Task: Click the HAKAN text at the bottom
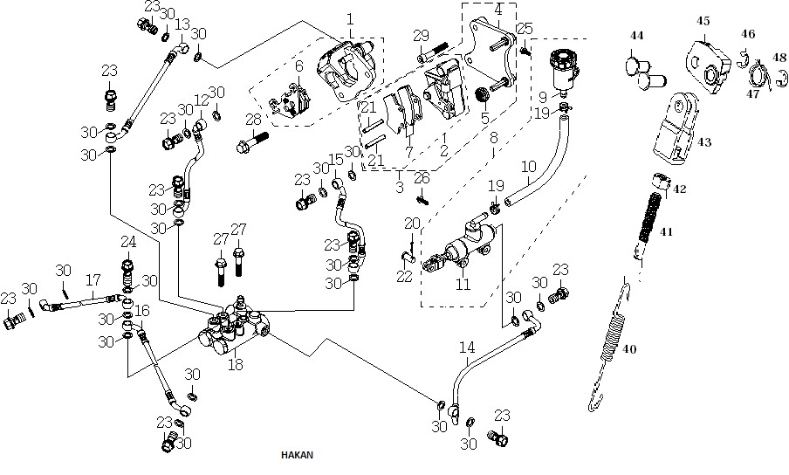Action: click(x=297, y=455)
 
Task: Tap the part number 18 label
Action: click(x=236, y=364)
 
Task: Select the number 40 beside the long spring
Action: click(x=629, y=348)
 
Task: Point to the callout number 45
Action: click(x=703, y=21)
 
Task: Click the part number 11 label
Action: click(x=463, y=285)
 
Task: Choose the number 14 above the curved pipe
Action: click(x=467, y=348)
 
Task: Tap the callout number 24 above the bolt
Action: click(x=128, y=242)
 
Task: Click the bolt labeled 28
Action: click(x=251, y=141)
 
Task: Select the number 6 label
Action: click(x=299, y=65)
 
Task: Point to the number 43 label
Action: click(x=704, y=142)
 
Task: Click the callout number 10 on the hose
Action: click(x=529, y=166)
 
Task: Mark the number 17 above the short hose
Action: click(x=93, y=279)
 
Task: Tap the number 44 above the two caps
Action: click(x=636, y=36)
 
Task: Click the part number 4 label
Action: click(x=498, y=10)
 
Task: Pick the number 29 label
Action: click(x=422, y=36)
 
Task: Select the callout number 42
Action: click(x=679, y=189)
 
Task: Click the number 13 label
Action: click(x=182, y=24)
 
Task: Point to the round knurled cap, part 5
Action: click(x=483, y=94)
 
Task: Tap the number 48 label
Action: click(x=779, y=58)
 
